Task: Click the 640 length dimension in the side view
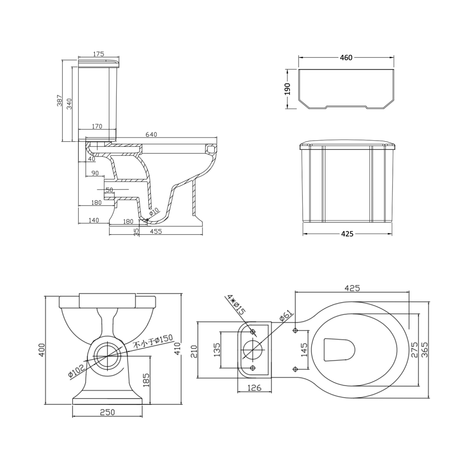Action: coord(151,135)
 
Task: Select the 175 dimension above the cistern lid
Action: coord(99,54)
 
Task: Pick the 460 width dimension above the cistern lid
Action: coord(346,57)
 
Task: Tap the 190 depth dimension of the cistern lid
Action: coord(287,89)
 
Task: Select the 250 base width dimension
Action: coord(108,412)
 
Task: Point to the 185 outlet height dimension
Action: coord(146,379)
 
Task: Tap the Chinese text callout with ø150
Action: coord(153,342)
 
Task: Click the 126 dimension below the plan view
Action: coord(255,388)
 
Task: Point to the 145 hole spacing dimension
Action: coord(304,349)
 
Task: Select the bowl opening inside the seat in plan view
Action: coord(338,350)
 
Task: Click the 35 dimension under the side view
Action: coord(137,232)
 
